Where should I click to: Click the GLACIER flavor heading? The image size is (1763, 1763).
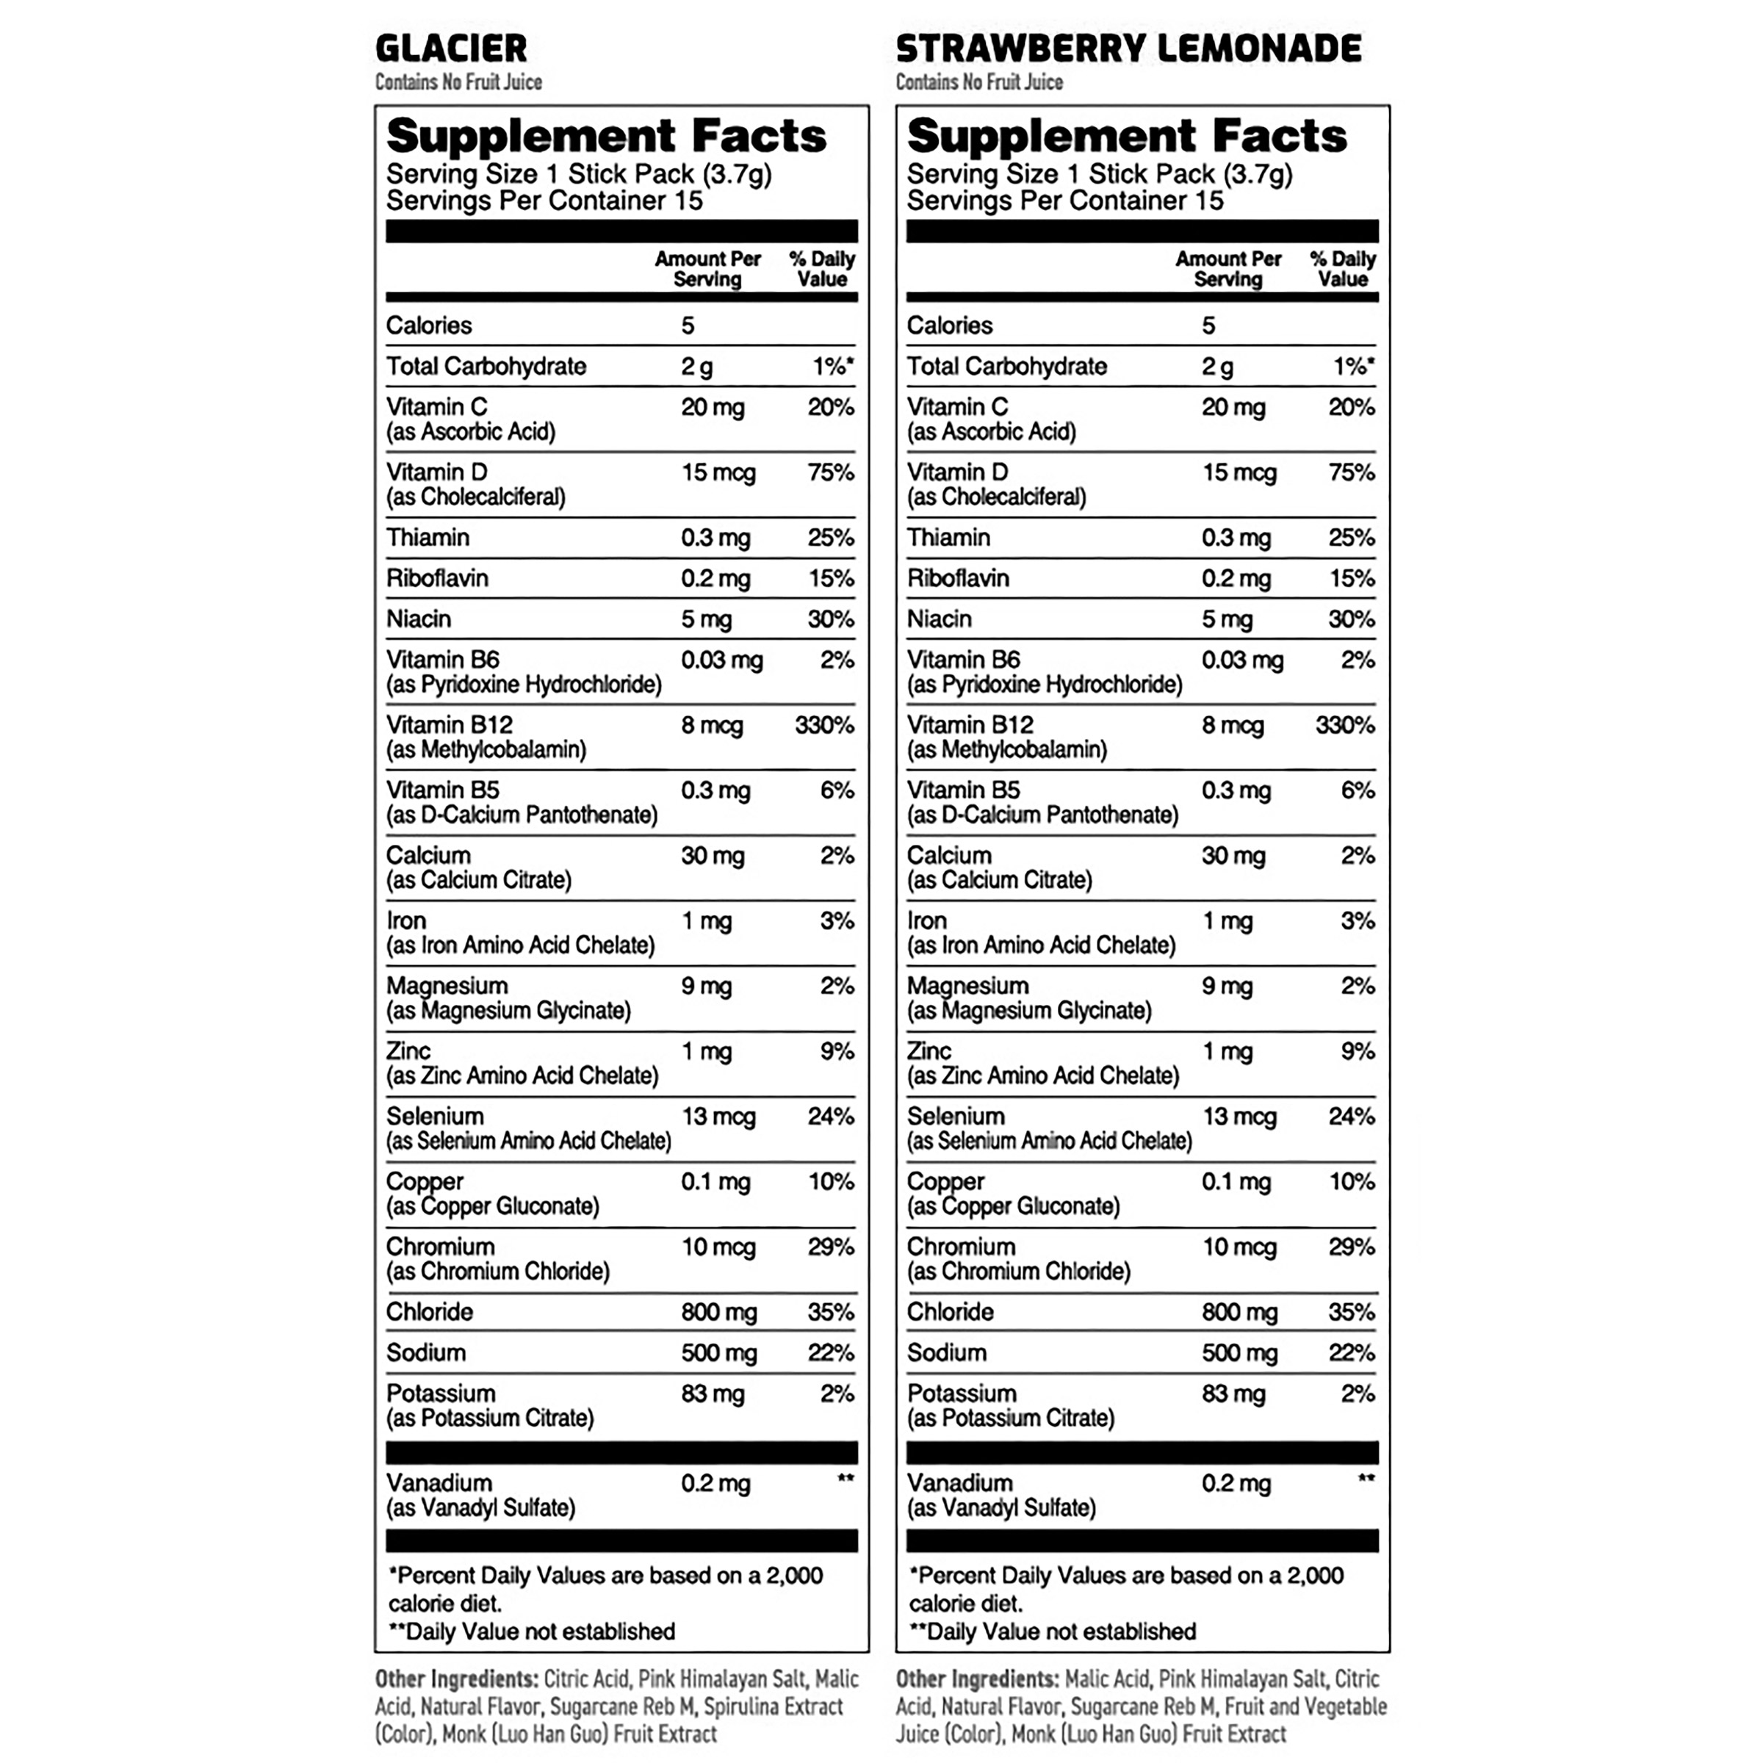coord(451,48)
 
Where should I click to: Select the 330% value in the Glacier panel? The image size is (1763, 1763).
coord(824,726)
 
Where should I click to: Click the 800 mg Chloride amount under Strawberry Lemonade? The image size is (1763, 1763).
coord(1239,1312)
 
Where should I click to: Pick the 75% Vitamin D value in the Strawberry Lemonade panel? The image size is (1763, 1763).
coord(1352,472)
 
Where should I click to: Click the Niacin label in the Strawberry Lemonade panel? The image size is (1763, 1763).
coord(939,619)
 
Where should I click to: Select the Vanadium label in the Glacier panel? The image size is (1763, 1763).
coord(439,1483)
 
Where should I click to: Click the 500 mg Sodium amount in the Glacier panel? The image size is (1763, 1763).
coord(718,1353)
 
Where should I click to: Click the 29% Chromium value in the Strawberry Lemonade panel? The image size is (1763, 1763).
coord(1352,1247)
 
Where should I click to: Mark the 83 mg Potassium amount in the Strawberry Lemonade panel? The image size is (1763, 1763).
coord(1233,1394)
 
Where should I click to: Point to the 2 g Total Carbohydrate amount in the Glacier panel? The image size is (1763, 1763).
coord(696,367)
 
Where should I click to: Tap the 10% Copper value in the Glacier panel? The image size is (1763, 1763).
coord(830,1182)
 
